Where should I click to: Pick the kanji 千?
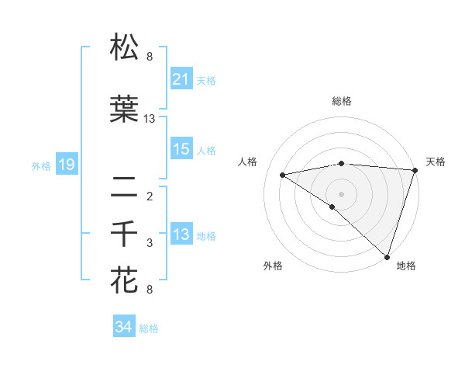(x=126, y=233)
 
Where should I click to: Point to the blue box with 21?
(x=181, y=79)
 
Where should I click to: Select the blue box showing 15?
(x=181, y=150)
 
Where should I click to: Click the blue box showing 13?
(x=181, y=235)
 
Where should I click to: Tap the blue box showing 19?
(x=66, y=165)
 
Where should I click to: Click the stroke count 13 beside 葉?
(x=150, y=119)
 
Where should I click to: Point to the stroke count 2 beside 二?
(x=150, y=196)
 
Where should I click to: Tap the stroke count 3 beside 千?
(x=150, y=243)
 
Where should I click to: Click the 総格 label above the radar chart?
(x=341, y=101)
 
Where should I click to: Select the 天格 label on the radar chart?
(x=436, y=162)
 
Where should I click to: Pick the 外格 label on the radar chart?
(x=273, y=266)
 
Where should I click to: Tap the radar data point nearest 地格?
(x=387, y=256)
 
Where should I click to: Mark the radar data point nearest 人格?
(x=283, y=175)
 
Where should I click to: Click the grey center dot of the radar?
(x=341, y=193)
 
